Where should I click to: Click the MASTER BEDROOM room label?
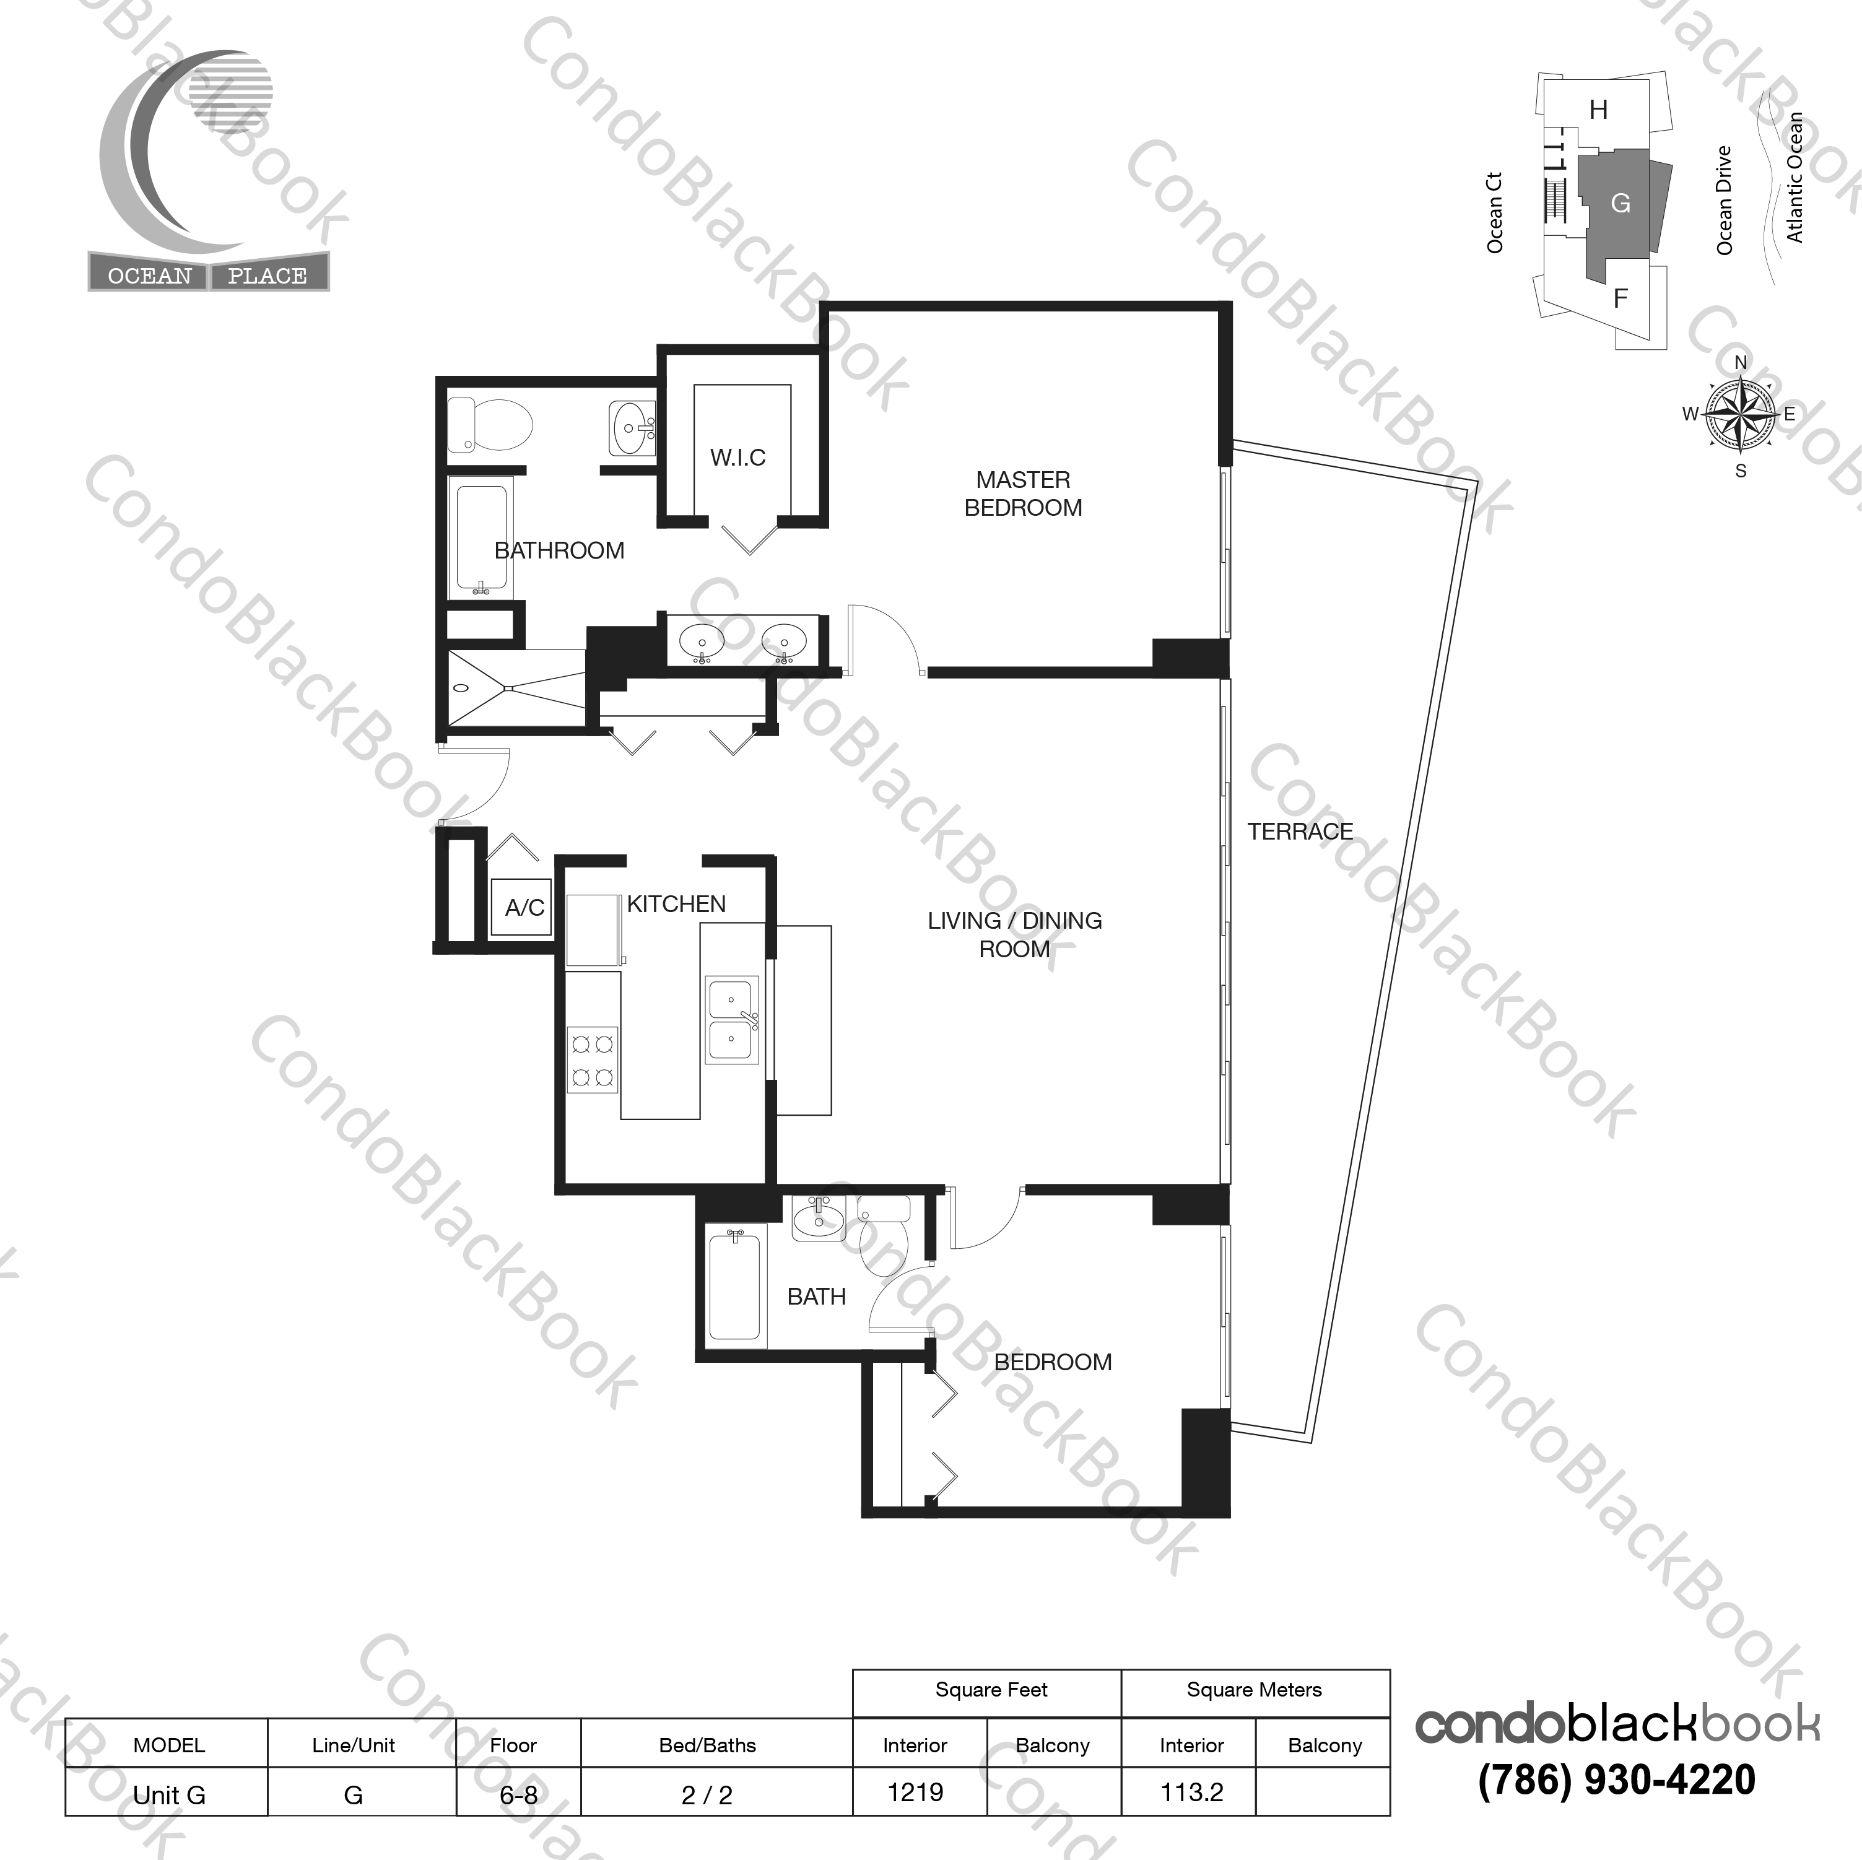point(1022,493)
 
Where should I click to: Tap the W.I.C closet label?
point(738,458)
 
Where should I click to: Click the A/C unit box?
point(521,907)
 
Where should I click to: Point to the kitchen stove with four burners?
point(593,1059)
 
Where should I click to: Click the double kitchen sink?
point(733,1020)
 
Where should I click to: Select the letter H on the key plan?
point(1599,110)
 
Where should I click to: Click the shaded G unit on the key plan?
point(1621,203)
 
